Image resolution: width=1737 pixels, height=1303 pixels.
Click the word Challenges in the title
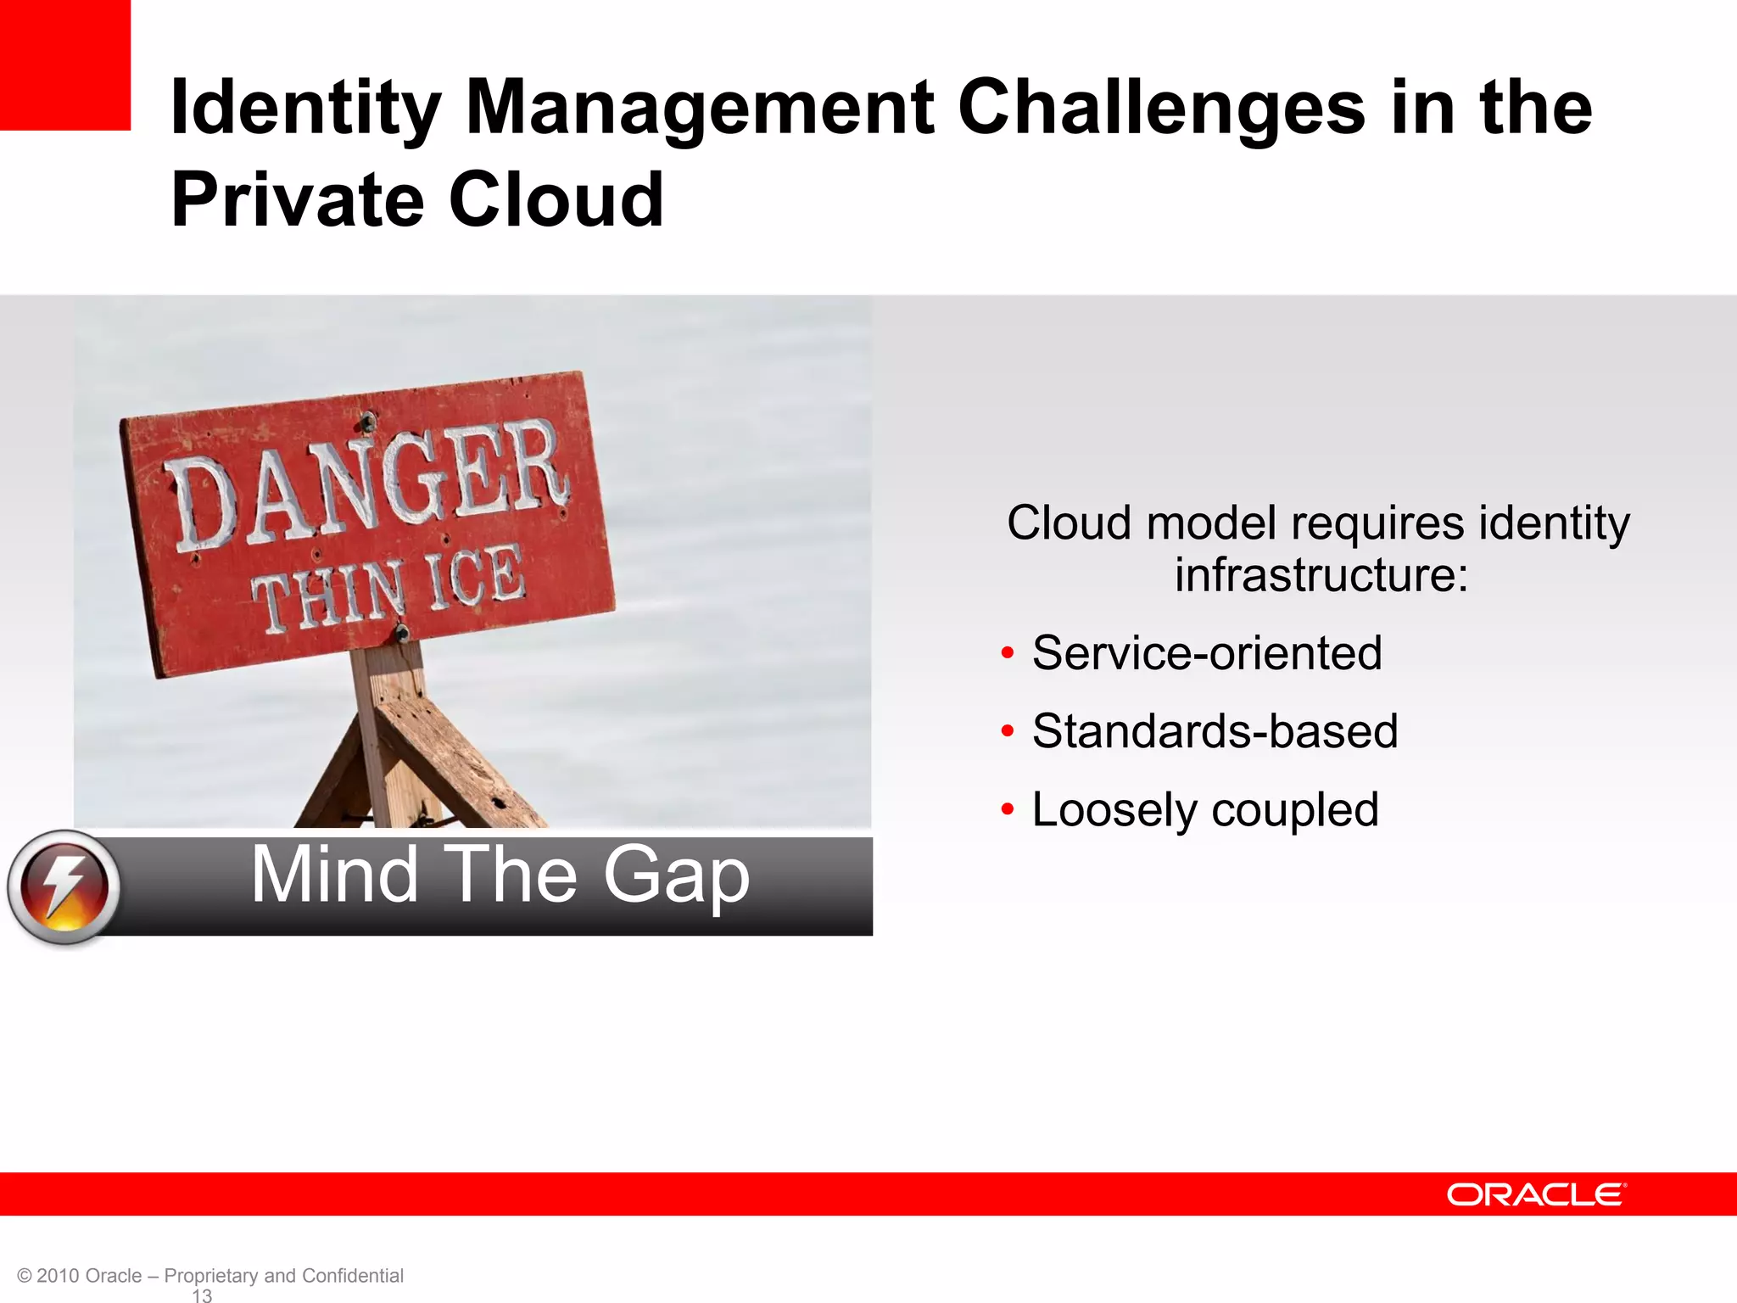click(1160, 109)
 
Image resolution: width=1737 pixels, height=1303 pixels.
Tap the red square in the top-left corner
click(64, 64)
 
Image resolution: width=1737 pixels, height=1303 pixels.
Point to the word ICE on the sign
click(476, 578)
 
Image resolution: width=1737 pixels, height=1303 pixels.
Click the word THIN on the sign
click(328, 596)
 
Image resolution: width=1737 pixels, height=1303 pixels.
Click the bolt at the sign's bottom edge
click(402, 633)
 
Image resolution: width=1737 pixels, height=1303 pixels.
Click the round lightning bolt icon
click(64, 887)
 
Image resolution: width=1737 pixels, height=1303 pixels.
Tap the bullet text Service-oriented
click(1206, 653)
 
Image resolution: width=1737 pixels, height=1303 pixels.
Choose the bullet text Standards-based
click(1215, 731)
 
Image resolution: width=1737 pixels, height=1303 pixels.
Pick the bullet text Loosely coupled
click(1204, 809)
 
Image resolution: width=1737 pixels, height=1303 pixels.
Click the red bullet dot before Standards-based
click(1008, 731)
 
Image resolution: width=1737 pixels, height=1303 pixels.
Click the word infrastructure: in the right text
click(1321, 575)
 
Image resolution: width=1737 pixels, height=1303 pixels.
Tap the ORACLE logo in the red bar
click(1535, 1194)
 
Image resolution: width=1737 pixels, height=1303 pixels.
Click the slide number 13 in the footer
click(202, 1295)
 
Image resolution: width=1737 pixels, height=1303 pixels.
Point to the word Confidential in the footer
click(352, 1276)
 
